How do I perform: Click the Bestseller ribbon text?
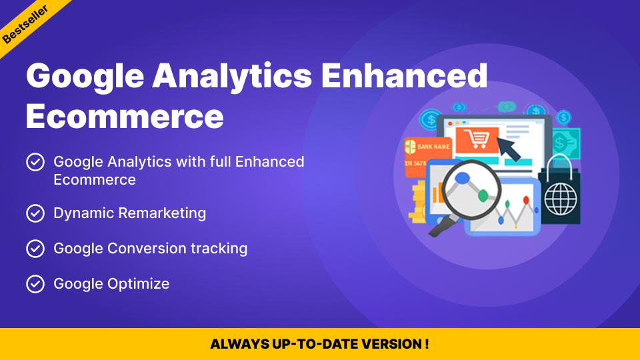(25, 24)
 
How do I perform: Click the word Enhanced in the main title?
(405, 75)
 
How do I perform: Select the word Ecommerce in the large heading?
(125, 116)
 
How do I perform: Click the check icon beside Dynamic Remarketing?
(35, 213)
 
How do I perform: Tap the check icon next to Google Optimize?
(35, 284)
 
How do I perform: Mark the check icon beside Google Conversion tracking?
(35, 249)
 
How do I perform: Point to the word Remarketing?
(162, 213)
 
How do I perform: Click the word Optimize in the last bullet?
(139, 284)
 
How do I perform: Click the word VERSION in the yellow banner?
(391, 344)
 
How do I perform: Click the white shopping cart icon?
(477, 139)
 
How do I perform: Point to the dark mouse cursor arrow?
(509, 149)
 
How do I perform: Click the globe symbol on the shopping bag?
(561, 199)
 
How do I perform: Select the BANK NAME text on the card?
(433, 147)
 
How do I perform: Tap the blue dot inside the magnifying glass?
(463, 178)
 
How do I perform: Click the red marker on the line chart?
(526, 200)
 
